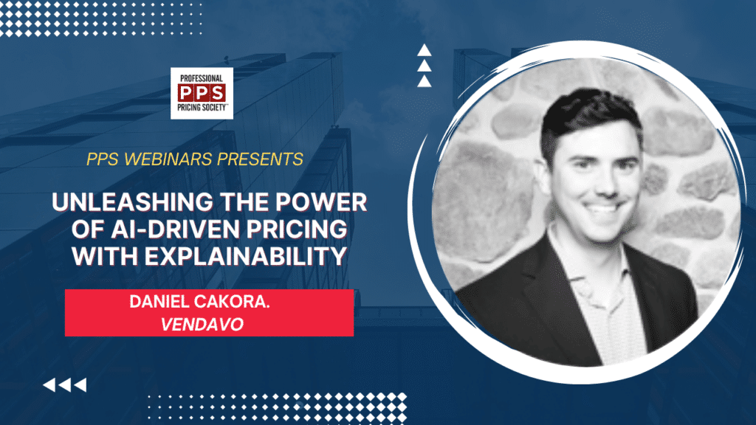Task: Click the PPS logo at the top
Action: coord(202,94)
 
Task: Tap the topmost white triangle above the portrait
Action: coord(424,51)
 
